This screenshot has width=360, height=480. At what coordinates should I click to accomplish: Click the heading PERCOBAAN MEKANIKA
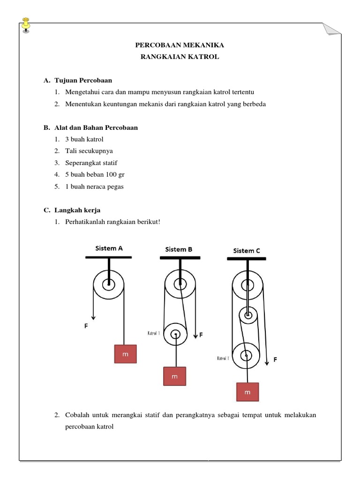(x=180, y=45)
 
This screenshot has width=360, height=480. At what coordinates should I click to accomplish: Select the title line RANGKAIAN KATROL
(x=180, y=57)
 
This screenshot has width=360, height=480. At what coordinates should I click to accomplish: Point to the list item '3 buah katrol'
(x=84, y=139)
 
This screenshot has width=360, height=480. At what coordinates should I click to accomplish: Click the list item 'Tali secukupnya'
(x=89, y=151)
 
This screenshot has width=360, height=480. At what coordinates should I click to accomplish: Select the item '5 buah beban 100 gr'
(x=95, y=174)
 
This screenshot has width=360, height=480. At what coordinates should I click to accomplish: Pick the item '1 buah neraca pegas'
(x=95, y=186)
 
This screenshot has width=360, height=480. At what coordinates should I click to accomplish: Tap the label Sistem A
(x=109, y=248)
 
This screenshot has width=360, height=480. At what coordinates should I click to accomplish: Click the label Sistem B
(x=179, y=249)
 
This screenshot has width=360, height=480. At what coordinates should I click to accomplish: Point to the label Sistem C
(x=247, y=251)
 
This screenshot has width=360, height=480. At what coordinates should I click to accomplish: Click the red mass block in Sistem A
(x=125, y=354)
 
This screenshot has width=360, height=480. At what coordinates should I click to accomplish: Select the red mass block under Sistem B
(x=174, y=376)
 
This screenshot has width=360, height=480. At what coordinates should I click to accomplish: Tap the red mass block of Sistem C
(x=247, y=392)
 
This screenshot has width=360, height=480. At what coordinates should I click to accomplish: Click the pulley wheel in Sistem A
(x=109, y=284)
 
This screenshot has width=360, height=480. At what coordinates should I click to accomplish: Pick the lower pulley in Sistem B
(x=175, y=335)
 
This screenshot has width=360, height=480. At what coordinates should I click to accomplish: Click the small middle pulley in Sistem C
(x=248, y=315)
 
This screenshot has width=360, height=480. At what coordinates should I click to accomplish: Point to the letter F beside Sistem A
(x=86, y=325)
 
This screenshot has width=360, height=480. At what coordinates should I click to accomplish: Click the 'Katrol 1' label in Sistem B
(x=154, y=333)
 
